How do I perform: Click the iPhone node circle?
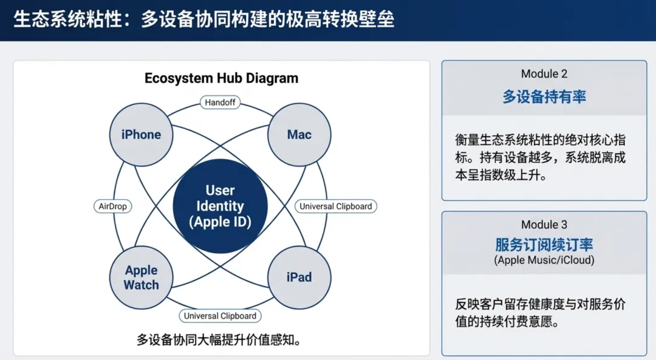click(x=141, y=135)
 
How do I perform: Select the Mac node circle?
click(x=299, y=135)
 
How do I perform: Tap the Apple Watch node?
click(x=141, y=277)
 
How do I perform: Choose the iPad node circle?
click(x=299, y=277)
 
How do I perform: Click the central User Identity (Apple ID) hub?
click(x=220, y=206)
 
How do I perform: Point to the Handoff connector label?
click(x=220, y=103)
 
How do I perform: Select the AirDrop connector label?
click(x=113, y=206)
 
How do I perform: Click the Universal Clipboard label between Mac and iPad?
click(x=336, y=206)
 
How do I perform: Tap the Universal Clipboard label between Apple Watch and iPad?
click(x=220, y=316)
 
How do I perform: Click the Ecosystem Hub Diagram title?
click(x=221, y=78)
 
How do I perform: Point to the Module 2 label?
click(x=544, y=74)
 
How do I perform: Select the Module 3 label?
click(x=544, y=225)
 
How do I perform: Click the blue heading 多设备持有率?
click(x=544, y=97)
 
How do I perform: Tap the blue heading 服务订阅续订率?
click(x=544, y=245)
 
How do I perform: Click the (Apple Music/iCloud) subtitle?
click(x=544, y=260)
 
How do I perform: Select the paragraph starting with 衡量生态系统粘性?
click(x=540, y=158)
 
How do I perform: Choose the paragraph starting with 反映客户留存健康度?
click(x=540, y=313)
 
